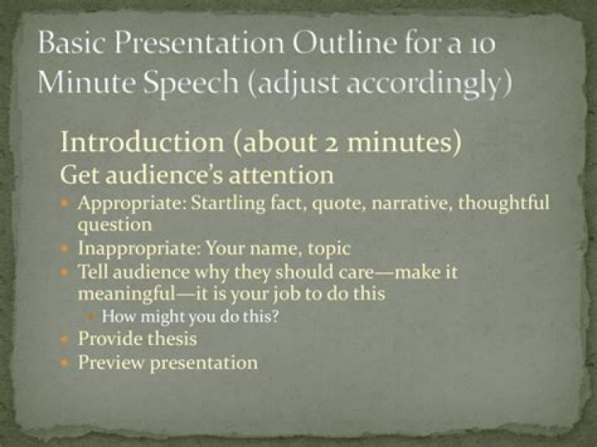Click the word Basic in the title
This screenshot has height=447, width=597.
tap(72, 42)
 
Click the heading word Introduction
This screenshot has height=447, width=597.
tap(143, 142)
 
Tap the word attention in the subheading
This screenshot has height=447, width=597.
tap(281, 175)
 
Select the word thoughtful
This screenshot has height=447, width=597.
tap(503, 202)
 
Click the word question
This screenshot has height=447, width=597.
tap(114, 226)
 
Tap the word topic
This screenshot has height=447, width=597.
tap(329, 249)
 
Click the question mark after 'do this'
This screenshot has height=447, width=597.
tap(275, 316)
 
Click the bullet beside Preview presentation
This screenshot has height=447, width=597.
tap(65, 363)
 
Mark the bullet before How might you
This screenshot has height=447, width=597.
tap(90, 317)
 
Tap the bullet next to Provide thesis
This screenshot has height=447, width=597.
tap(65, 338)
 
